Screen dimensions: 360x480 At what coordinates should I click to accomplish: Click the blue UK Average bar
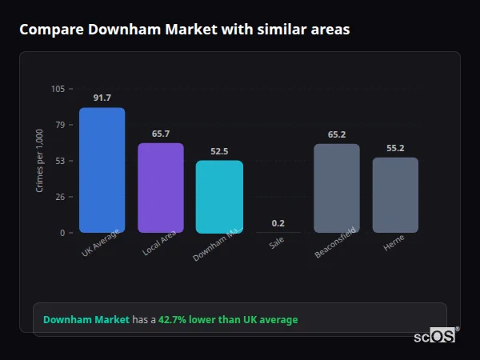coord(102,170)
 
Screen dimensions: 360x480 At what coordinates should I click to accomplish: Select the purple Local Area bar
coord(161,188)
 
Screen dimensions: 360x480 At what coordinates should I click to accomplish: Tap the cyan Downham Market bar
coord(219,196)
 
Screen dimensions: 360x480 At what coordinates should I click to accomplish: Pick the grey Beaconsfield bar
coord(337,188)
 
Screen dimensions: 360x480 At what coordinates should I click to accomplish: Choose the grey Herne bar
coord(395,194)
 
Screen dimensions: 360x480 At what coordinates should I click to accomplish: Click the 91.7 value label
coord(102,98)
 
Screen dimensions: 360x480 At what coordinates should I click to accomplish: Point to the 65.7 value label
coord(161,134)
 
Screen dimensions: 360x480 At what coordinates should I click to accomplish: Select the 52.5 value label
coord(219,151)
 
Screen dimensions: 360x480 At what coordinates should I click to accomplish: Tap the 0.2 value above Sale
coord(278,223)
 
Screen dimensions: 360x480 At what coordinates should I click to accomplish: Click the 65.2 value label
coord(337,134)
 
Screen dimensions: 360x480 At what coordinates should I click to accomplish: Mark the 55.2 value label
coord(395,148)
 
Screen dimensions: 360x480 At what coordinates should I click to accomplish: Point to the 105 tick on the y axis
coord(58,89)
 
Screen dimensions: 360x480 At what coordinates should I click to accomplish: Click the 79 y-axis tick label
coord(60,125)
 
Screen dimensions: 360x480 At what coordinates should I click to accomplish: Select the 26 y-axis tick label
coord(60,197)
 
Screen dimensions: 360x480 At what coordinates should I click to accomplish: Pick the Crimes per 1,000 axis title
coord(40,161)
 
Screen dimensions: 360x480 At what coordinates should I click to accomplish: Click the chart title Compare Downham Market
coord(184,30)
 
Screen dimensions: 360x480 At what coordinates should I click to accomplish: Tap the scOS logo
coord(435,336)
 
